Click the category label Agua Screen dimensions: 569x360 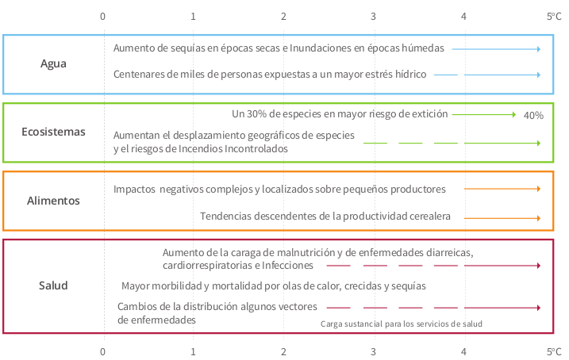[x=53, y=64]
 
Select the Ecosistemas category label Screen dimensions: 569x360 [x=53, y=132]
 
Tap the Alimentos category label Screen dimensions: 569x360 [x=53, y=201]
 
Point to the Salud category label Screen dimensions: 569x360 [x=53, y=285]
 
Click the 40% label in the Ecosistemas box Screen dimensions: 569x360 [x=533, y=116]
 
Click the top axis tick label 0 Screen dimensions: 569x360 [x=103, y=16]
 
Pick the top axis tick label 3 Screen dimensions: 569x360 [x=374, y=16]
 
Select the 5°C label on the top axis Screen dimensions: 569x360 [x=553, y=16]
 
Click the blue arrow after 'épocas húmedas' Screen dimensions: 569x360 [x=497, y=49]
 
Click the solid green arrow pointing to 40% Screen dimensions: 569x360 [x=484, y=114]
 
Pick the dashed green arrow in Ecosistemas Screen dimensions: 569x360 [x=452, y=144]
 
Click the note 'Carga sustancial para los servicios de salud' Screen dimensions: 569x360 [x=401, y=324]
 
